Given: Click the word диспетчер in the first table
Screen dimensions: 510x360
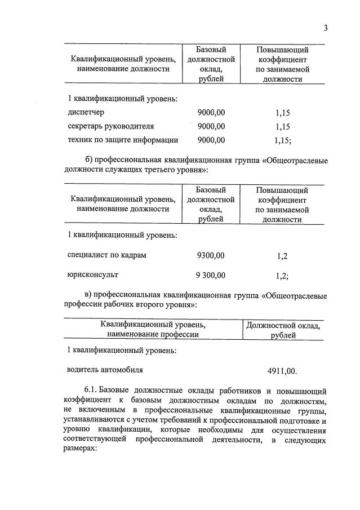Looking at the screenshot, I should (x=85, y=112).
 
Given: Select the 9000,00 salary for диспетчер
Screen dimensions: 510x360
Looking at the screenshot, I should (x=211, y=113).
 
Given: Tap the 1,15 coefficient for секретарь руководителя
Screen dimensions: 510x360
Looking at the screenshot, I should (x=279, y=127).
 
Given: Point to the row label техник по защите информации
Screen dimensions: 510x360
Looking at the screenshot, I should (x=123, y=140).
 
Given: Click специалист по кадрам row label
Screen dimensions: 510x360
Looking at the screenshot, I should (x=106, y=255).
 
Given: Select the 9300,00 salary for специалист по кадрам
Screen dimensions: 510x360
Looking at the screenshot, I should (x=211, y=255).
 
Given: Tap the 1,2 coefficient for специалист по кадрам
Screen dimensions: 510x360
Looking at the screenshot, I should (x=282, y=256).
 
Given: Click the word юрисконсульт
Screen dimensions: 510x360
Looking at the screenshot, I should (x=92, y=275).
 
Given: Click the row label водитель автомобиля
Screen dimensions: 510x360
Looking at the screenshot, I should (x=105, y=370).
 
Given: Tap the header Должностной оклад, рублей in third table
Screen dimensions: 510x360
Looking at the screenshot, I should (x=283, y=330).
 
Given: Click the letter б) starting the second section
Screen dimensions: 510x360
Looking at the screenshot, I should (x=88, y=159).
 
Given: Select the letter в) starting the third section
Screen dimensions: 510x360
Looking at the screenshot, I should (x=88, y=294).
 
